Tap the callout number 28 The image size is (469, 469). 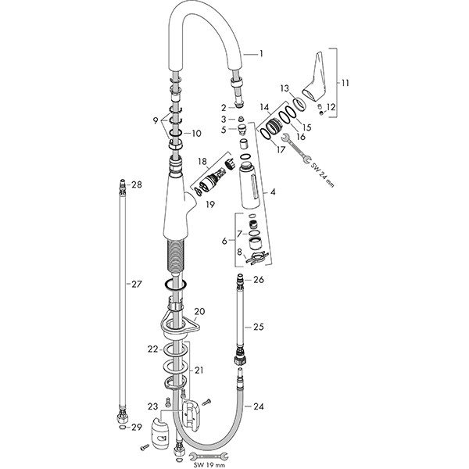coord(137,185)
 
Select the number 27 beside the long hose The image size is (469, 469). coord(137,285)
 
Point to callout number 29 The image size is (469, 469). coord(137,427)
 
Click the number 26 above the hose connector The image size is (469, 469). coord(260,279)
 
